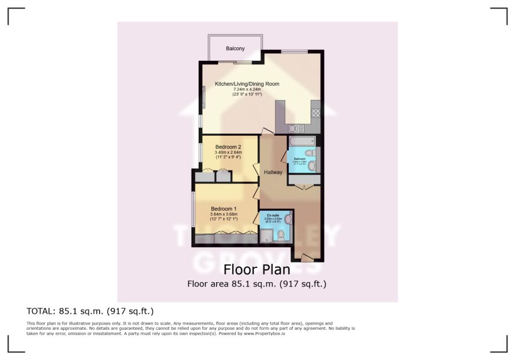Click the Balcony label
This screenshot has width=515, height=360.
(235, 49)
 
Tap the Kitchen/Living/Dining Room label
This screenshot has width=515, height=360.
(247, 84)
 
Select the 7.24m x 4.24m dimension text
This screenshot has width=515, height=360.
(247, 89)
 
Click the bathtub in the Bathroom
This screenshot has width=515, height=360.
(301, 141)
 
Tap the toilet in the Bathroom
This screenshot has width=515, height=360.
(311, 153)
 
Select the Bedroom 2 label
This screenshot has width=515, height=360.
(228, 147)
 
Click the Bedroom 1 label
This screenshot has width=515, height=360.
(224, 209)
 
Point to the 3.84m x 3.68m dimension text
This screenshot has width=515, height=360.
(224, 215)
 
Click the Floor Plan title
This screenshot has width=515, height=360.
(257, 270)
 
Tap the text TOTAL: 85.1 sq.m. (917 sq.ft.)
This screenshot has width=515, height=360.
(90, 310)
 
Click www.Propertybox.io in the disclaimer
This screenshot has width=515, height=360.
(265, 334)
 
